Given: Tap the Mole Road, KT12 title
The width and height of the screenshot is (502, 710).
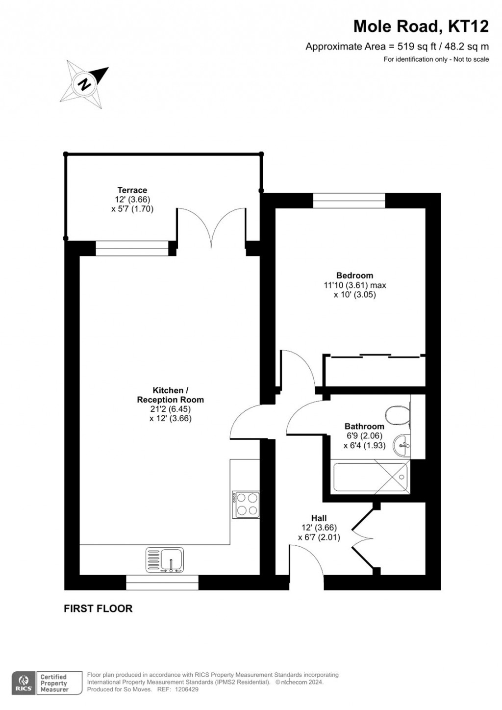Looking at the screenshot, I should pyautogui.click(x=421, y=26).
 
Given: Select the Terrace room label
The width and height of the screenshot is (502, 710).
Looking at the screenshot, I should pyautogui.click(x=132, y=190).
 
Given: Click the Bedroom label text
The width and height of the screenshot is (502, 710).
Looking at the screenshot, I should pyautogui.click(x=354, y=276).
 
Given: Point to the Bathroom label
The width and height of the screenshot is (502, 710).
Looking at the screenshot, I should pyautogui.click(x=364, y=427).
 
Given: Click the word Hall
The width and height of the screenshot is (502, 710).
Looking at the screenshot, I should pyautogui.click(x=319, y=518).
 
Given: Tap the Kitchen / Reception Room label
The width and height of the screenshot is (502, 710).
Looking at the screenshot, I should pyautogui.click(x=170, y=395).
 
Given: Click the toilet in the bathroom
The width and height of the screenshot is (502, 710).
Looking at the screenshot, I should pyautogui.click(x=397, y=415).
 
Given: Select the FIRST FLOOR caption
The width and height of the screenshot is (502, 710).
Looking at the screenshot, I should pyautogui.click(x=98, y=609).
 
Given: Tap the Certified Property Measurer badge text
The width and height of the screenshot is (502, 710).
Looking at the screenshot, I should pyautogui.click(x=54, y=683).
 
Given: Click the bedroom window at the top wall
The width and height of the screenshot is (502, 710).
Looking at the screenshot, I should pyautogui.click(x=349, y=201).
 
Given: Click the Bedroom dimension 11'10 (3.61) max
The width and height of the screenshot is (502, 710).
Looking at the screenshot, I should pyautogui.click(x=354, y=285).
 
